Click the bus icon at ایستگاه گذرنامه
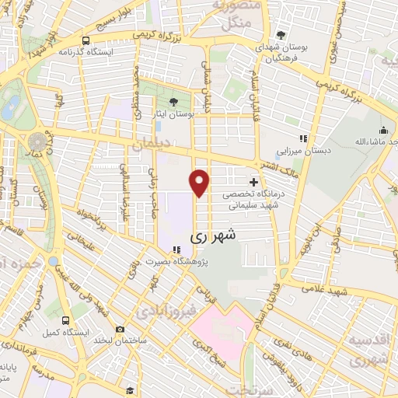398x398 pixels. click(86, 40)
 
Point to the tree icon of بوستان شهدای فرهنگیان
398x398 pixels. click(281, 35)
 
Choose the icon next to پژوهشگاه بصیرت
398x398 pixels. click(178, 250)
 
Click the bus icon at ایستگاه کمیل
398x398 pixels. click(65, 319)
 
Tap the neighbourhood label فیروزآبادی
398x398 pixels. click(162, 311)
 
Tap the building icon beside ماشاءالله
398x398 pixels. click(382, 131)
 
